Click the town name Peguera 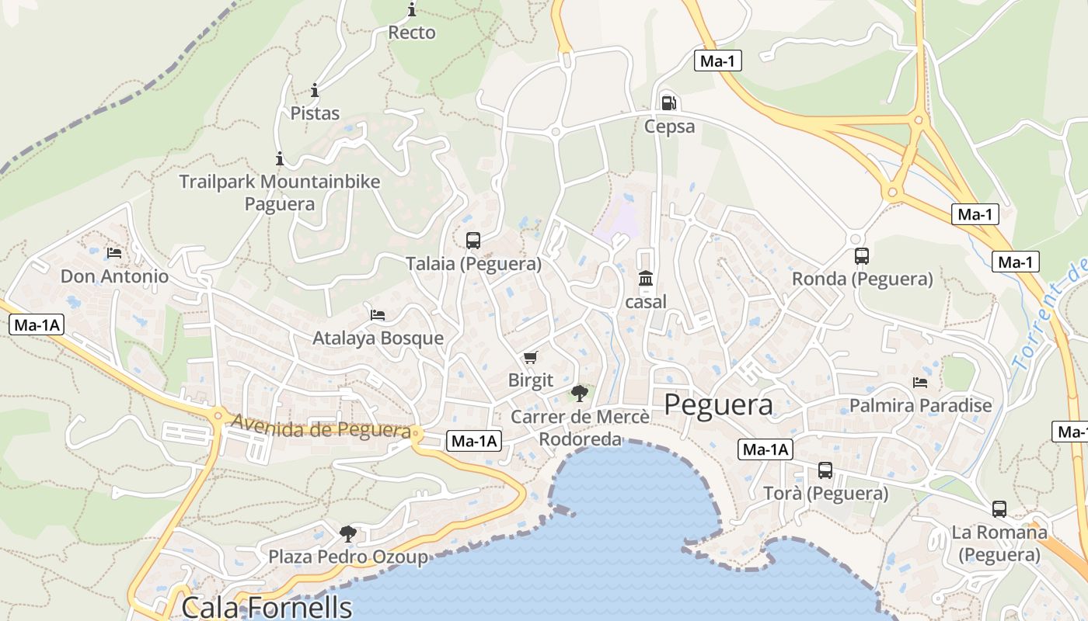coord(719,404)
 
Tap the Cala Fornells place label coord(267,606)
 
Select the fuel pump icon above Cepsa coord(668,102)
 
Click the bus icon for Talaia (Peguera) coord(473,241)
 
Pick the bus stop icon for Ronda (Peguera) coord(861,256)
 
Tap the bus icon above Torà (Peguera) coord(825,470)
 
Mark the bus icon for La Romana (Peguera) coord(999,509)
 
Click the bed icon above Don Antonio coord(114,253)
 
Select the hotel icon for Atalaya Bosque coord(378,315)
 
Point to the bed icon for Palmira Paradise coord(920,383)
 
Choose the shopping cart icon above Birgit coord(530,357)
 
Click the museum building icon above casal coord(646,278)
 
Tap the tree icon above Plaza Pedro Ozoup coord(347,533)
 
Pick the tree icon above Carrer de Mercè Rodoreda coord(579,393)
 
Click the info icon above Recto coord(411,10)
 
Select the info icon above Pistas coord(315,90)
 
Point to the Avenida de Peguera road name coord(321,428)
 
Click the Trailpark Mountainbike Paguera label coord(280,193)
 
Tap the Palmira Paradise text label coord(920,405)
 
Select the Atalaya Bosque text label coord(378,338)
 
